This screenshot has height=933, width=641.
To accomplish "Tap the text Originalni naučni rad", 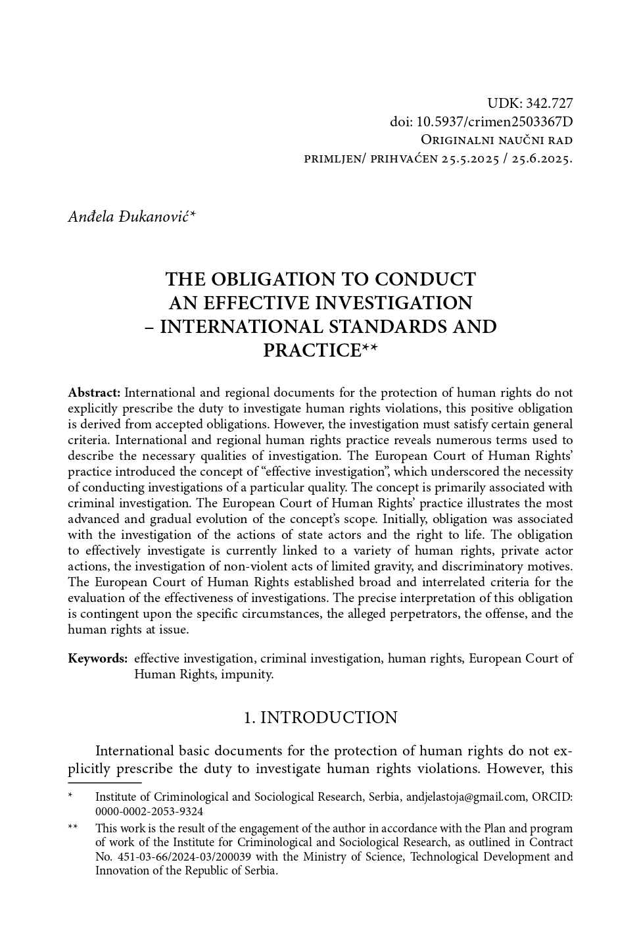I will (x=496, y=140).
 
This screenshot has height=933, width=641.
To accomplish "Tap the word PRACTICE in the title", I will (x=312, y=351).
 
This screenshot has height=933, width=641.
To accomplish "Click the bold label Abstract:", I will (x=94, y=393).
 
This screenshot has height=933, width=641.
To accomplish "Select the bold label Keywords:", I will (x=97, y=659).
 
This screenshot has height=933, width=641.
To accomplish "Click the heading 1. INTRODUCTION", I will (x=320, y=718).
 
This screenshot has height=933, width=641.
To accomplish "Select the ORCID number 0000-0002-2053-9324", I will (x=149, y=812).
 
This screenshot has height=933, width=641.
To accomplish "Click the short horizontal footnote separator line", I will (x=105, y=783).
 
